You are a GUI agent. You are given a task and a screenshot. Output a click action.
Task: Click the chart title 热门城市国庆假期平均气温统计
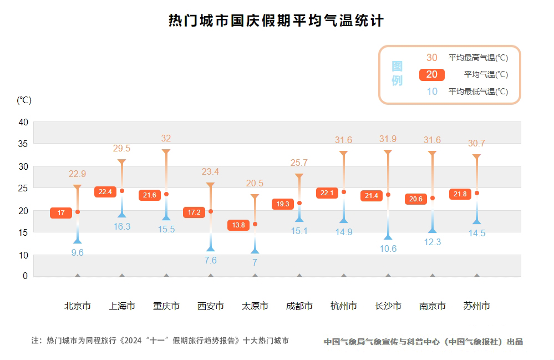pyautogui.click(x=276, y=21)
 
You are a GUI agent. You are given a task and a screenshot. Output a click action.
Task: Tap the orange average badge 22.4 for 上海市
pyautogui.click(x=105, y=192)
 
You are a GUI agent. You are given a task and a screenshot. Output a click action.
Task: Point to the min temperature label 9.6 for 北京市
pyautogui.click(x=78, y=252)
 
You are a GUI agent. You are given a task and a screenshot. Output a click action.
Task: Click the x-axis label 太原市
pyautogui.click(x=255, y=306)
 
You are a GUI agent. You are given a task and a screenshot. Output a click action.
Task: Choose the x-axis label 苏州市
pyautogui.click(x=476, y=306)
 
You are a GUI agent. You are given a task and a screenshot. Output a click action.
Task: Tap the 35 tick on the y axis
pyautogui.click(x=23, y=144)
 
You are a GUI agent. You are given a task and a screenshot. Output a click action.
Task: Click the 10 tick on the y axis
pyautogui.click(x=23, y=255)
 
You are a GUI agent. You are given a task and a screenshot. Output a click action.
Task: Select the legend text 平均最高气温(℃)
pyautogui.click(x=478, y=58)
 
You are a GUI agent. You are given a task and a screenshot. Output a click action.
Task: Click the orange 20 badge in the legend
pyautogui.click(x=432, y=75)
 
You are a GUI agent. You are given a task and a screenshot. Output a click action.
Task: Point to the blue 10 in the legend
pyautogui.click(x=432, y=92)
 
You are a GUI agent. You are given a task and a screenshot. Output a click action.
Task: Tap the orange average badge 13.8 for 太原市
pyautogui.click(x=238, y=225)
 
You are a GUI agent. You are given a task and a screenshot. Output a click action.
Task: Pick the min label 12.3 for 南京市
pyautogui.click(x=432, y=242)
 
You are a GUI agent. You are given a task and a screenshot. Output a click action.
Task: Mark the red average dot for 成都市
pyautogui.click(x=299, y=203)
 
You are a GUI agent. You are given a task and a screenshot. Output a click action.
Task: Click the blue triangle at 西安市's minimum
pyautogui.click(x=211, y=248)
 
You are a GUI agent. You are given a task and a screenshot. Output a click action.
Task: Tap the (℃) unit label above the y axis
pyautogui.click(x=24, y=100)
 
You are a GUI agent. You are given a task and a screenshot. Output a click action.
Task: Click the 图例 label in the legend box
pyautogui.click(x=397, y=74)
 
